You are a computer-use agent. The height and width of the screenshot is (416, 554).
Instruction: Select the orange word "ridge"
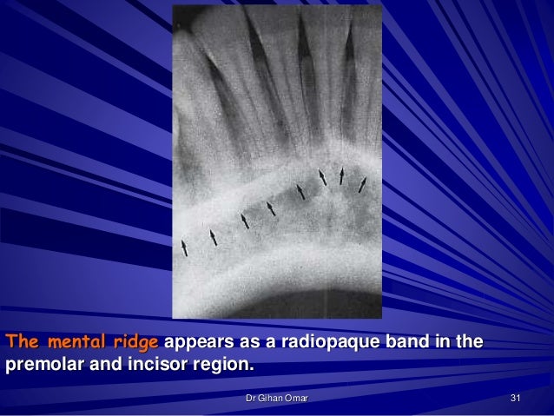[x=135, y=340]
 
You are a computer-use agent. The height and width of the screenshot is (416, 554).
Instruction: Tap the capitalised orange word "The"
[x=23, y=340]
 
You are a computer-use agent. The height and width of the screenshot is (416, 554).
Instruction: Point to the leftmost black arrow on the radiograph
[x=184, y=248]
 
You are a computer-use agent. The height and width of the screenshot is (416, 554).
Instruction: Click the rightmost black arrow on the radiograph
[x=362, y=183]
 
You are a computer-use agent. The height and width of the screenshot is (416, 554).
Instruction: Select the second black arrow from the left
[x=214, y=237]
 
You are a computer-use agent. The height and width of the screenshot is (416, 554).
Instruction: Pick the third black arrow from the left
[x=245, y=221]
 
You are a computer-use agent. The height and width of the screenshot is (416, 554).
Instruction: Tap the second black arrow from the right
[x=342, y=176]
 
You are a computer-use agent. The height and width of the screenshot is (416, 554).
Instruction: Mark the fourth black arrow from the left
[x=271, y=208]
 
